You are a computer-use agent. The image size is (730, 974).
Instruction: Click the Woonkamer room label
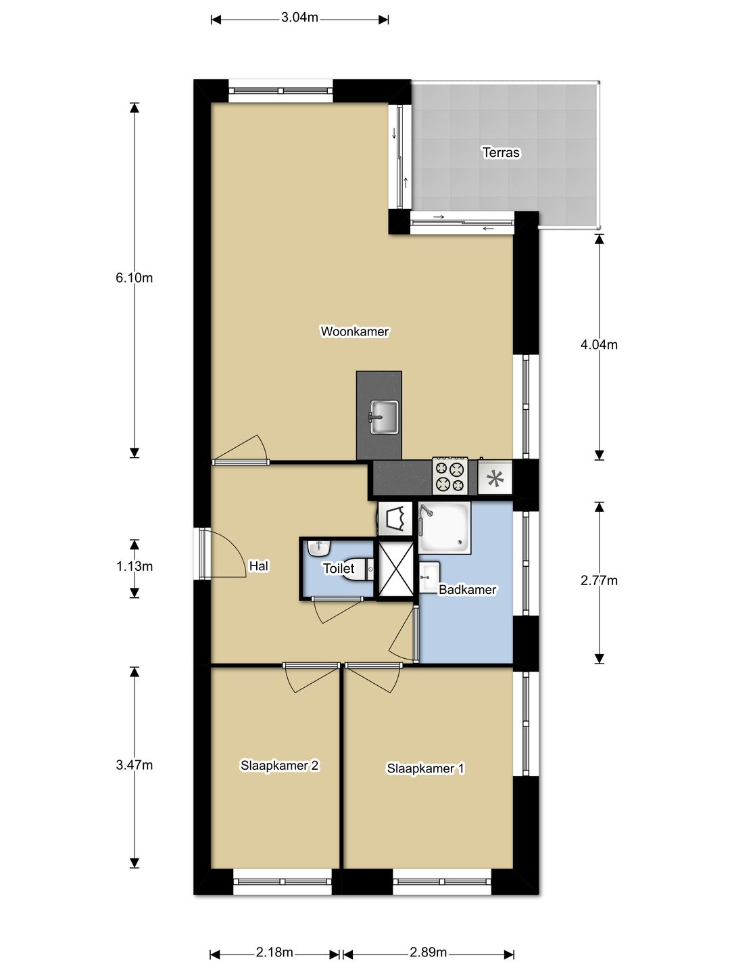pyautogui.click(x=354, y=331)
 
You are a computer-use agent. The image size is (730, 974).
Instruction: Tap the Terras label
pyautogui.click(x=501, y=152)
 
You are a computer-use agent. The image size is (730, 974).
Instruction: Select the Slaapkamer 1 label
pyautogui.click(x=425, y=768)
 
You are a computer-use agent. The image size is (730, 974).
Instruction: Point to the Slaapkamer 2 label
pyautogui.click(x=279, y=766)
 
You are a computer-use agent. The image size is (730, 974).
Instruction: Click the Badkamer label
pyautogui.click(x=467, y=590)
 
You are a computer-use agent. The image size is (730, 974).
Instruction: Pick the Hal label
pyautogui.click(x=258, y=566)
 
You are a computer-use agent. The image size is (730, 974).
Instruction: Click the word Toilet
pyautogui.click(x=338, y=569)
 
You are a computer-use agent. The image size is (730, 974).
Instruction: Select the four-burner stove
pyautogui.click(x=450, y=476)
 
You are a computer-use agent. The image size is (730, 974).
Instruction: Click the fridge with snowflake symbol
pyautogui.click(x=495, y=479)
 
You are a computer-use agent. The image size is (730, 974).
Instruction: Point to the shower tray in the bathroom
pyautogui.click(x=443, y=527)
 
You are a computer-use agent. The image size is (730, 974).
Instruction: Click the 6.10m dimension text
pyautogui.click(x=134, y=278)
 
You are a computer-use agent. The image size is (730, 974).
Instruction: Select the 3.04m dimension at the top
pyautogui.click(x=299, y=18)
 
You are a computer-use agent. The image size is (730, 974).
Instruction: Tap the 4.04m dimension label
pyautogui.click(x=599, y=345)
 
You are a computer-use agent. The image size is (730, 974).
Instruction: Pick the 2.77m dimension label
pyautogui.click(x=599, y=580)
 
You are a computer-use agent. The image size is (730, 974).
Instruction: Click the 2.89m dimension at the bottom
pyautogui.click(x=428, y=952)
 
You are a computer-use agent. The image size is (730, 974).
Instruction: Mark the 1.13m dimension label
pyautogui.click(x=134, y=567)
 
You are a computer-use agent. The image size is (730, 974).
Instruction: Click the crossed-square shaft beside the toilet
pyautogui.click(x=395, y=570)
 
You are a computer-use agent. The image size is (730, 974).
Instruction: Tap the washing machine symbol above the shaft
pyautogui.click(x=395, y=519)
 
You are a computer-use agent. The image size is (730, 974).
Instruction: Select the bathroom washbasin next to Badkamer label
pyautogui.click(x=429, y=577)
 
